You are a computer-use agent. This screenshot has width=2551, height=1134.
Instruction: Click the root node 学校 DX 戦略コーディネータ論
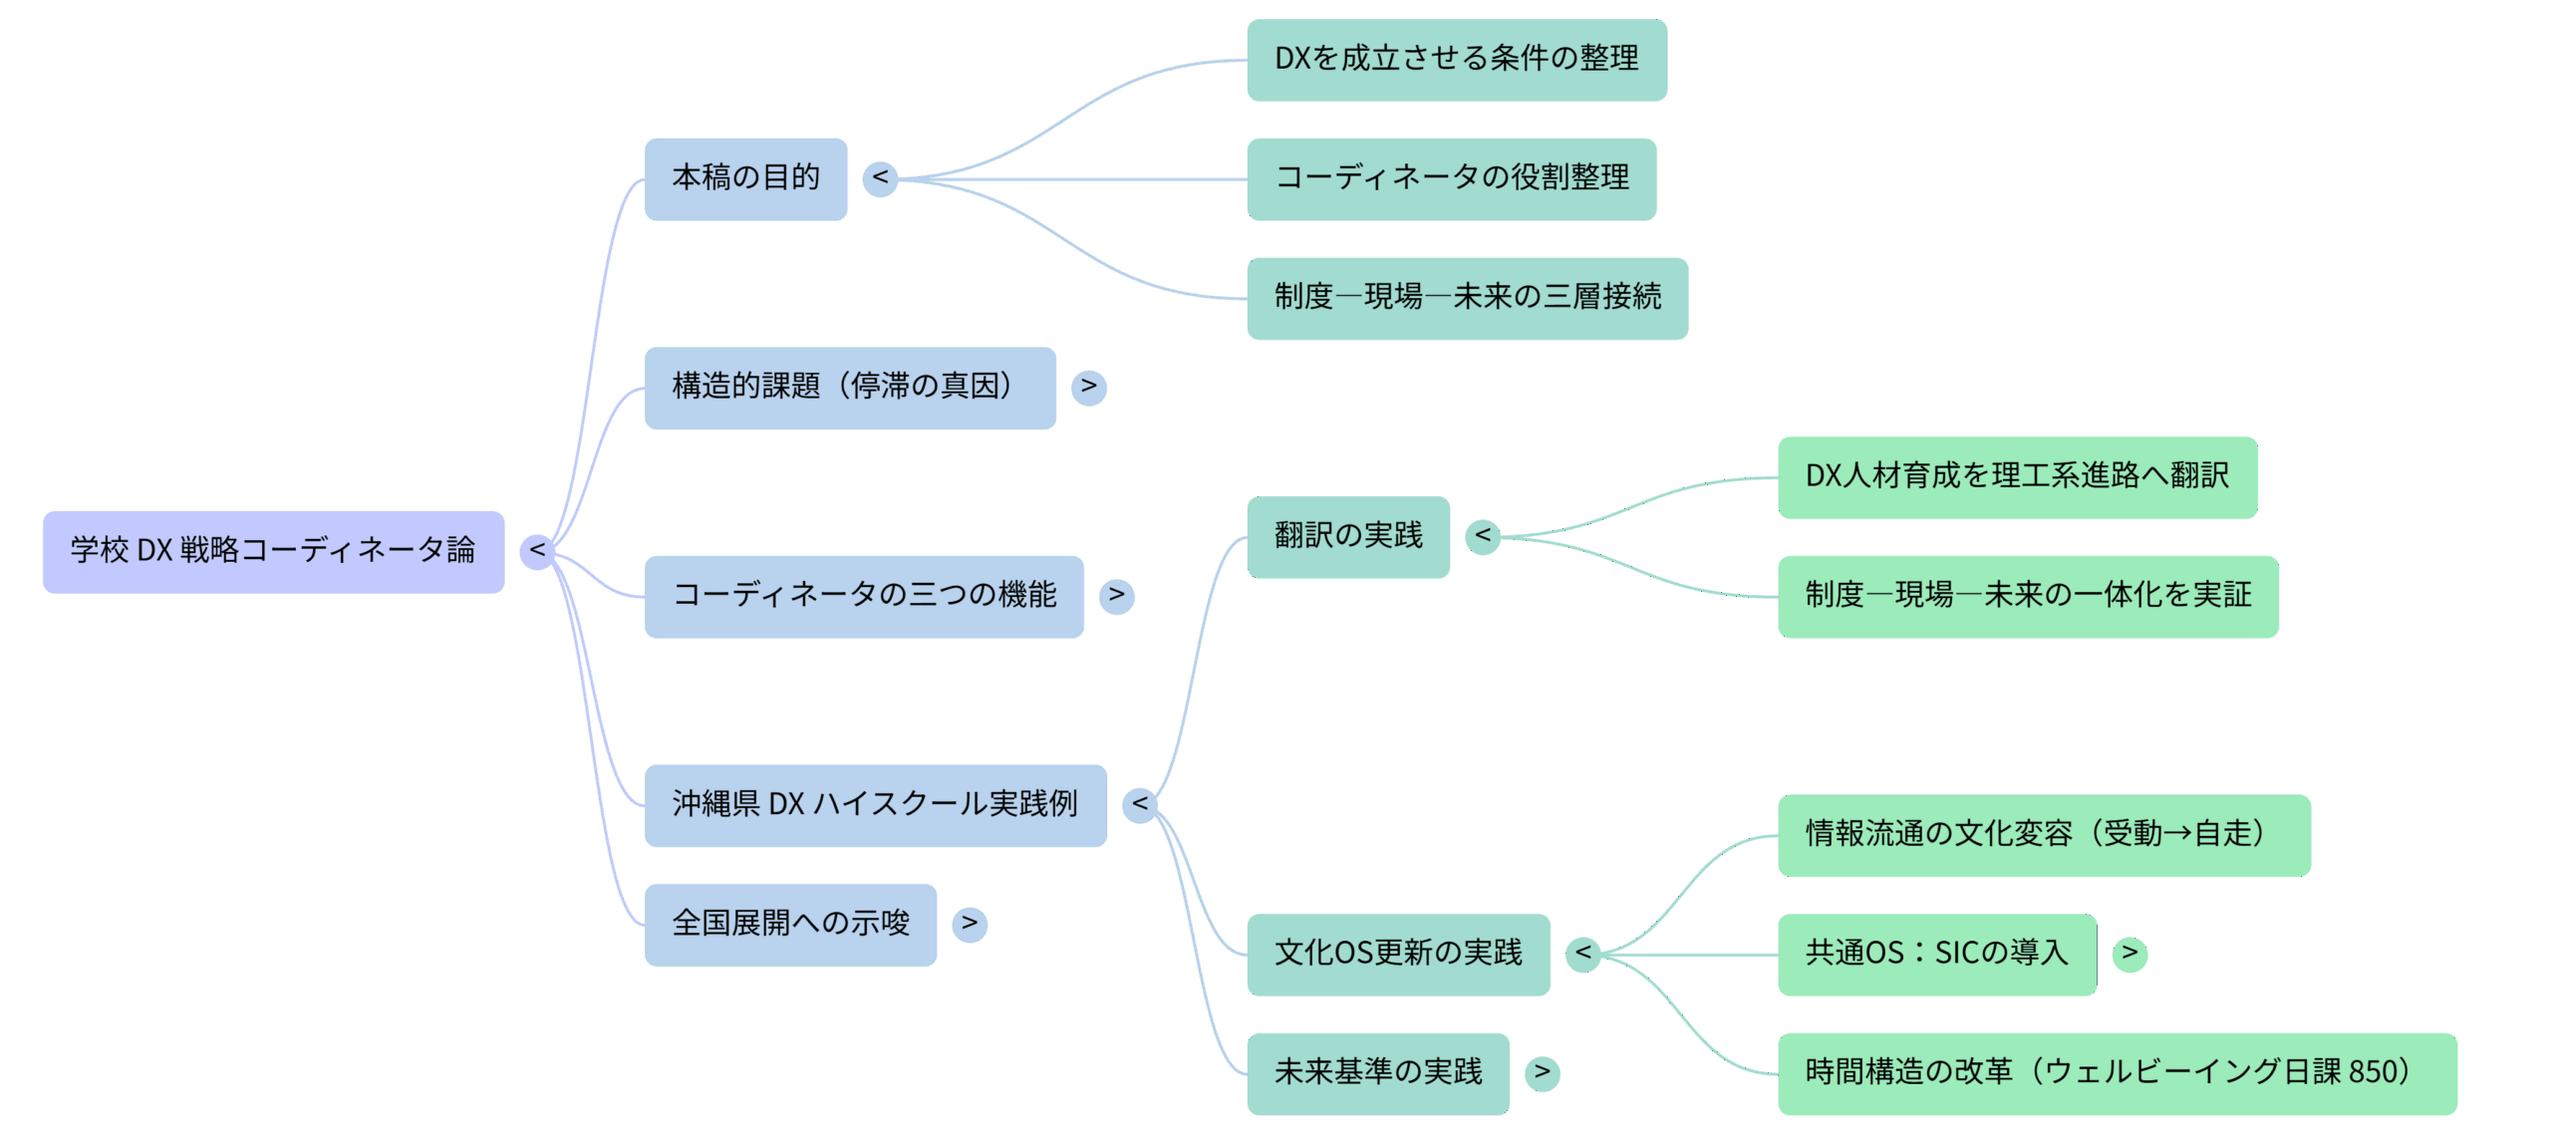click(273, 551)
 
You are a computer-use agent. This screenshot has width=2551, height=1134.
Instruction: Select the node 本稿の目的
click(745, 178)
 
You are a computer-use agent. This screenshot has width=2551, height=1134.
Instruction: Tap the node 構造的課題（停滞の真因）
click(849, 387)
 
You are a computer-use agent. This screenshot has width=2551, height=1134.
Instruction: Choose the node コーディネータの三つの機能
click(863, 596)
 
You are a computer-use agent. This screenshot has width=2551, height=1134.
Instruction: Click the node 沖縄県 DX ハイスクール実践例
click(874, 804)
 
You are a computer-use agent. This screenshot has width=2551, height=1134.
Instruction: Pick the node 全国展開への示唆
click(790, 924)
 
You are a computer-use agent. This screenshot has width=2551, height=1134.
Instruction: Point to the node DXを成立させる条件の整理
click(1456, 59)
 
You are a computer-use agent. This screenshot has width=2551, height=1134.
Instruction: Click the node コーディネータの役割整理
click(1451, 178)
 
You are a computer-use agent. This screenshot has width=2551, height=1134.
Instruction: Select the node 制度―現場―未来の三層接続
click(1467, 298)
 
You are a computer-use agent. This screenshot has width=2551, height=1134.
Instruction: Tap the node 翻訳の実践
click(1347, 536)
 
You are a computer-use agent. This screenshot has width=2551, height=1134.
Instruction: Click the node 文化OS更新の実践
click(1398, 954)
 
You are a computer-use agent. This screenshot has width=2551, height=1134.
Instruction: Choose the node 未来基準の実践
click(1377, 1073)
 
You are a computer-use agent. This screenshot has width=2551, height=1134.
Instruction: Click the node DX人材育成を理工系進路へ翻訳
click(2017, 476)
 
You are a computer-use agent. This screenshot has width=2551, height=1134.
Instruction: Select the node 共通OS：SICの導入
click(1936, 954)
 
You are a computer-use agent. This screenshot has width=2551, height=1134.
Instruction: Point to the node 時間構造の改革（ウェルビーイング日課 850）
click(2117, 1073)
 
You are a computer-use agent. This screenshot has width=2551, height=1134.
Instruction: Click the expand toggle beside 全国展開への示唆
click(969, 924)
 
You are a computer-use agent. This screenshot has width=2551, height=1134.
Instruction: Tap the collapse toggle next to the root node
click(537, 551)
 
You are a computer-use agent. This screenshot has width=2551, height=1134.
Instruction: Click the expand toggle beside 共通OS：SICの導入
click(2129, 954)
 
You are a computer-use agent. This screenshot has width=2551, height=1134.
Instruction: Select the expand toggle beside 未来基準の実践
click(1542, 1073)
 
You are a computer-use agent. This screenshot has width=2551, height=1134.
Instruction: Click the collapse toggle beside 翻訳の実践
click(1482, 536)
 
